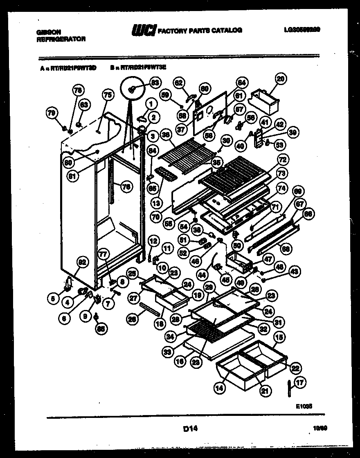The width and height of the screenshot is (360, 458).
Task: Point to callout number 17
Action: [301, 383]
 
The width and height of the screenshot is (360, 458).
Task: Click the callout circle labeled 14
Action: [219, 388]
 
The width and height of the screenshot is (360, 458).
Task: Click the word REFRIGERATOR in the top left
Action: [61, 39]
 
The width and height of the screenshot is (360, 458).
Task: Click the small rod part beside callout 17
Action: [289, 386]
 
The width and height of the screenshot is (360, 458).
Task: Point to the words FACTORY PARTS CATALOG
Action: [200, 30]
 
